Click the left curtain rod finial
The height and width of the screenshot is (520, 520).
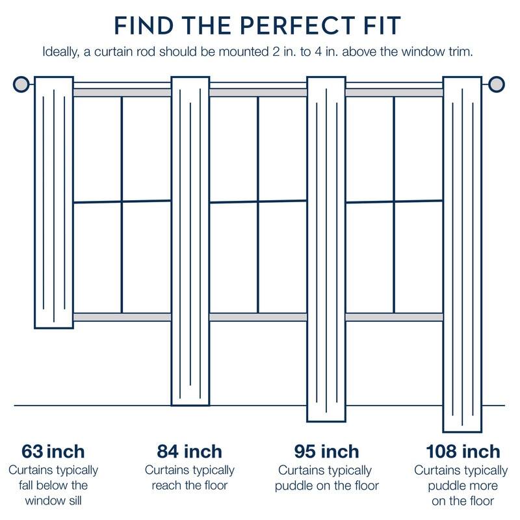tap(21, 84)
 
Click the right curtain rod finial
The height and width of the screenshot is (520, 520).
tap(497, 84)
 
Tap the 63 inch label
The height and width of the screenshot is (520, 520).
tap(53, 451)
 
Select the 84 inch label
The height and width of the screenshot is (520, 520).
tap(190, 451)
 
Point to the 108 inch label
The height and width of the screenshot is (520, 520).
tap(463, 451)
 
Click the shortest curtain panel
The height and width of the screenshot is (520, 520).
tap(53, 201)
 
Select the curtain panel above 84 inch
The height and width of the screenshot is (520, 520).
tap(190, 240)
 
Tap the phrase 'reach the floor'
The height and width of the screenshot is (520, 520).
tap(190, 486)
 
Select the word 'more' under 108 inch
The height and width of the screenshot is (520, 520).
tap(480, 486)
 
